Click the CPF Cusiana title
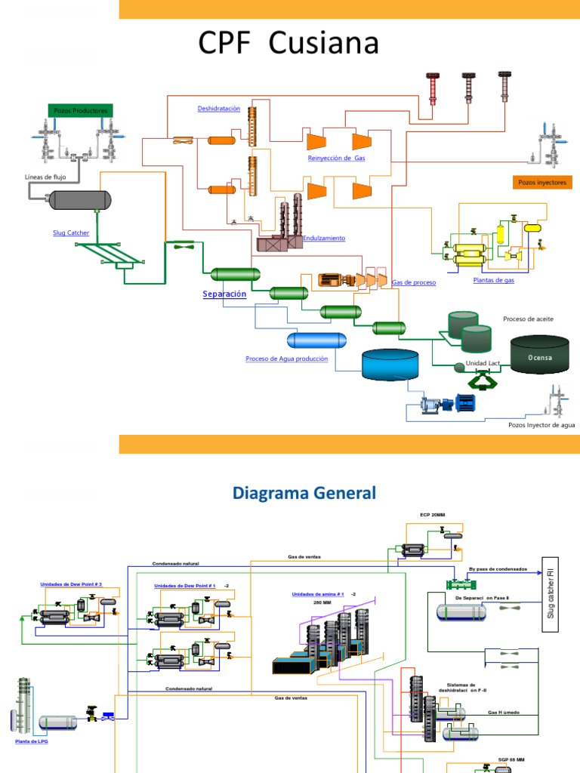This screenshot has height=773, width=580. click(x=288, y=45)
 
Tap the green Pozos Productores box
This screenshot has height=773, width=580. click(x=81, y=111)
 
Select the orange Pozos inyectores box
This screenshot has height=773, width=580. click(x=541, y=182)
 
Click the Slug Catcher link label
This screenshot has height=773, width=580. click(x=71, y=233)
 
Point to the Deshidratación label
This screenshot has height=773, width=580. click(x=219, y=109)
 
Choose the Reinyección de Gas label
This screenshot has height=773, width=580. click(x=336, y=158)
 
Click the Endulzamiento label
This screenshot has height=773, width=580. click(x=324, y=238)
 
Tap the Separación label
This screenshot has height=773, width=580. click(x=224, y=294)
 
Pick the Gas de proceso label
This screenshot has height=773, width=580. click(x=414, y=282)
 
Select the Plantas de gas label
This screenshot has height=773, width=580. click(x=494, y=281)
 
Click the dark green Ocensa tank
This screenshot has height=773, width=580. click(x=539, y=354)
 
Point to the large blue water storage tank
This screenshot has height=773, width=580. click(x=390, y=364)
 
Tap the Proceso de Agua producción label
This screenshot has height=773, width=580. click(x=287, y=359)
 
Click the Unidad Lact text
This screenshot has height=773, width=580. click(x=483, y=363)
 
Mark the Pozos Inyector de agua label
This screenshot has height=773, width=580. click(x=541, y=425)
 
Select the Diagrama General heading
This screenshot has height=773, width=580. click(x=304, y=494)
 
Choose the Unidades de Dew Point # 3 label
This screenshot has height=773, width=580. click(x=71, y=584)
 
